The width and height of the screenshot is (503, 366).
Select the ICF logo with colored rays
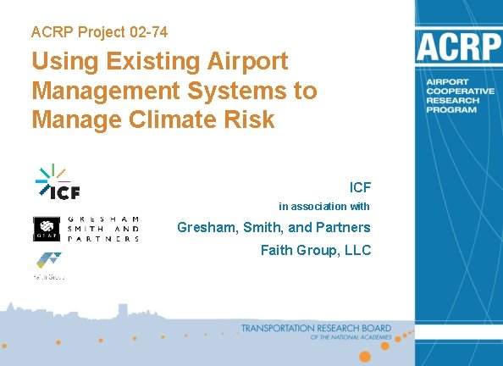(58, 182)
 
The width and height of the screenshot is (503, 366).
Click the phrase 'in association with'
(324, 207)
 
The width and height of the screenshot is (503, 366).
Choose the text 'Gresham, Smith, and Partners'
(274, 227)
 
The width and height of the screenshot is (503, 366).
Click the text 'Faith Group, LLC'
(315, 250)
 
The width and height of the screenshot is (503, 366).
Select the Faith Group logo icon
(48, 262)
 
